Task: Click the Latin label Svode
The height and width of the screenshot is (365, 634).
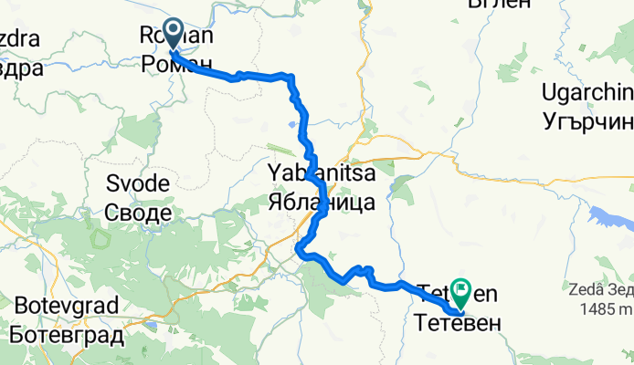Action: (137, 184)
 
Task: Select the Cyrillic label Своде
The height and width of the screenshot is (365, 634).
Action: (137, 214)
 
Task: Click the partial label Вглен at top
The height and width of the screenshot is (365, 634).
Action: (499, 5)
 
